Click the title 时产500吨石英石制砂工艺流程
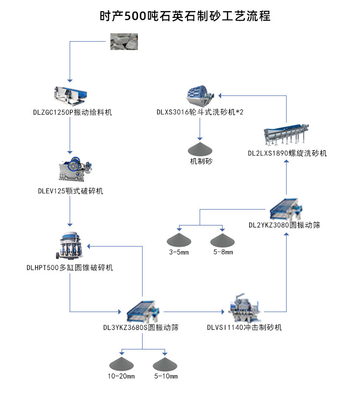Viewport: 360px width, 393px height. point(185,15)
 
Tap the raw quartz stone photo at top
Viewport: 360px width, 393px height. point(124,41)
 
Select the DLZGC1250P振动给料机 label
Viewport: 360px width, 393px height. point(72,113)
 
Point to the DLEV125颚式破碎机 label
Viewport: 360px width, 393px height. point(71,191)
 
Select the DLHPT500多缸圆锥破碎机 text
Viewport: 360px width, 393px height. point(70,268)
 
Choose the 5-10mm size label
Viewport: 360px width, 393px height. point(165,377)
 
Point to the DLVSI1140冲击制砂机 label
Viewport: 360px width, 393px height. point(245,327)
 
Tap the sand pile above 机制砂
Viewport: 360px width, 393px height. point(200,149)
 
